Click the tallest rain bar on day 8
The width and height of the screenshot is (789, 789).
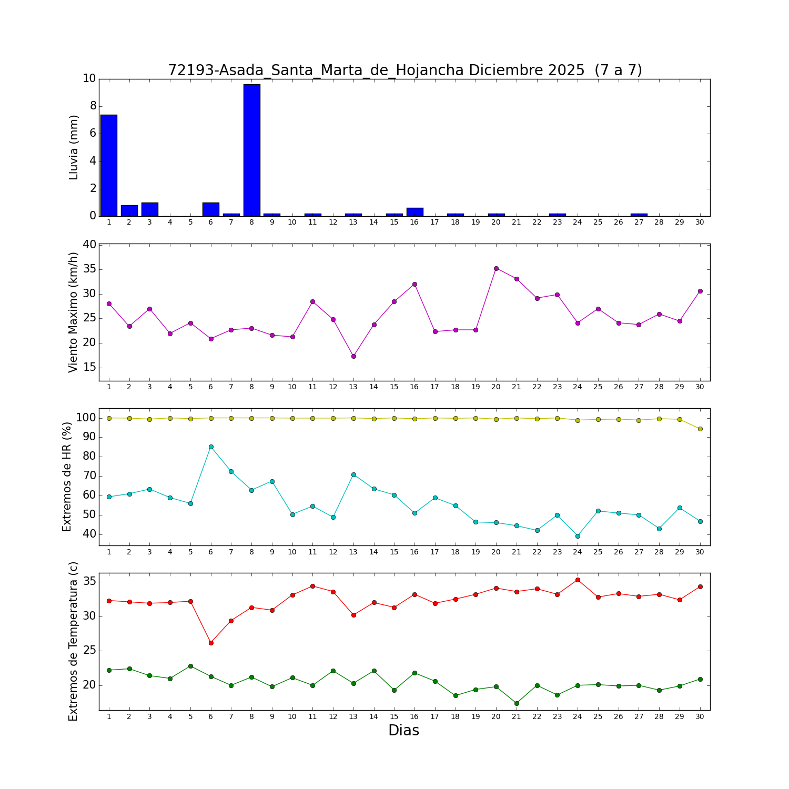[251, 150]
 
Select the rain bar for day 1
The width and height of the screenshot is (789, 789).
[109, 165]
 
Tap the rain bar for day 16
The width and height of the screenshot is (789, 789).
[414, 212]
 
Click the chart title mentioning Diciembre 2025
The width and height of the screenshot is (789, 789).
[404, 70]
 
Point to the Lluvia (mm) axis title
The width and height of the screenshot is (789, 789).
[74, 147]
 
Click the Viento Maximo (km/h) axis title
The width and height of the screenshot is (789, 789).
[74, 312]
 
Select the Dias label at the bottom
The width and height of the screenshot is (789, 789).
[403, 730]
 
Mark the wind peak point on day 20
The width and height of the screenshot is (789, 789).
[496, 268]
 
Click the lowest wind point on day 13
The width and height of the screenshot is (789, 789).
[353, 356]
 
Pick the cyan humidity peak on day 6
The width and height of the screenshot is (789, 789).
[211, 447]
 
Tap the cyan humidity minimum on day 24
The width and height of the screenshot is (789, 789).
[578, 536]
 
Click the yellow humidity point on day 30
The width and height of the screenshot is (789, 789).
[700, 429]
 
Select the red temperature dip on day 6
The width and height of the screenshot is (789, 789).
[211, 643]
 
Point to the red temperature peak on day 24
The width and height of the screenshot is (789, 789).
[578, 580]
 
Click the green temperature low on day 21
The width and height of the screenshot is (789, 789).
[517, 703]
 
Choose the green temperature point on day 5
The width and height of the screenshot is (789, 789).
[190, 666]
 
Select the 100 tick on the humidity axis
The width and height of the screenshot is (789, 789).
[86, 418]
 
